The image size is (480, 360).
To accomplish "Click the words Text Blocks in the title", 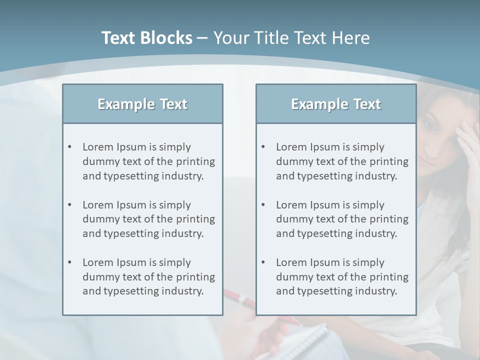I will tap(147, 38).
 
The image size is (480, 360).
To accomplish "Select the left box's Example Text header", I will tap(142, 104).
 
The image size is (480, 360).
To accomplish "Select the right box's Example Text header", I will tap(336, 104).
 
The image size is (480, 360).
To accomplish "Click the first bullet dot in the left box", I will tap(69, 147).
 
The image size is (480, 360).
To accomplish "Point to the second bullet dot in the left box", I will tap(69, 205).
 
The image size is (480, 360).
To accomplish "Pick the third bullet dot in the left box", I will tap(69, 262).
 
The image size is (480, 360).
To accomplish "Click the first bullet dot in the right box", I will tap(263, 147).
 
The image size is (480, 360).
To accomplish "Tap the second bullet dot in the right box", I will tap(263, 205).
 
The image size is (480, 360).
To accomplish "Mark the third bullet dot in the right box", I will tap(263, 262).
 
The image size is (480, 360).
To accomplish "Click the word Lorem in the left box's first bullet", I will tap(98, 147).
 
